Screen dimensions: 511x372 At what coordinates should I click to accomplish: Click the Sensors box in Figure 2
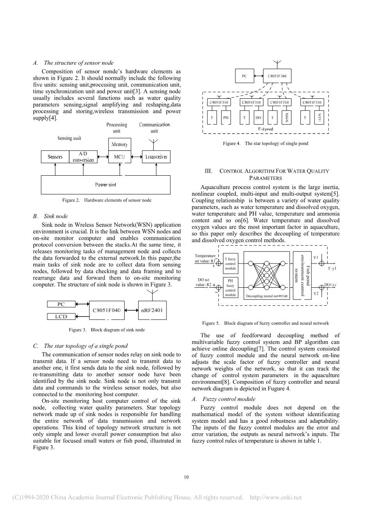click(x=55, y=157)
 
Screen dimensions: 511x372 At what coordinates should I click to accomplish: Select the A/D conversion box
click(x=83, y=157)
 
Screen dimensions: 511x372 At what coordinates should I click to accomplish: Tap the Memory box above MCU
click(x=120, y=144)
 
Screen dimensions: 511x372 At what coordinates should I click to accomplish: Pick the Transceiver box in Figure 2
click(x=156, y=157)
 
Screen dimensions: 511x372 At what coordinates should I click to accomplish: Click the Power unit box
click(x=106, y=185)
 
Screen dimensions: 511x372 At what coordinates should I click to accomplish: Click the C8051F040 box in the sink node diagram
click(x=107, y=310)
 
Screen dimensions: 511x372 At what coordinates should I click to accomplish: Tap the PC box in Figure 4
click(x=244, y=76)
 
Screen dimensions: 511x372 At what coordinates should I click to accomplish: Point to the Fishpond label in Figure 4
click(x=266, y=129)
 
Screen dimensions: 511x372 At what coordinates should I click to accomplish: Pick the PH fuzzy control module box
click(x=231, y=287)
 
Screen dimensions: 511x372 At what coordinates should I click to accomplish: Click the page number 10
click(x=186, y=477)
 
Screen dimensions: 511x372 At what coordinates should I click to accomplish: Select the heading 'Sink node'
click(x=55, y=216)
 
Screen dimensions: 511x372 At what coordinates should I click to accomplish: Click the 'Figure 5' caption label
click(x=211, y=323)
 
